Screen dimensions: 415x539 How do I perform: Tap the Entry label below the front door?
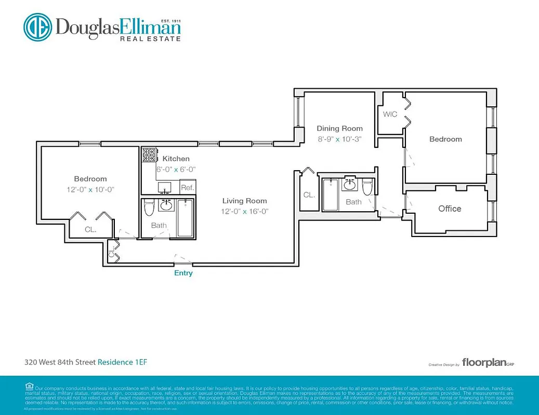coord(183,273)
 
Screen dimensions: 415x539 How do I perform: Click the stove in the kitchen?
coord(149,155)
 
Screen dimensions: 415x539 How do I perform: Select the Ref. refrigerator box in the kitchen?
coord(187,188)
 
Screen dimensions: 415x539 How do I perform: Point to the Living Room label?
coord(244,201)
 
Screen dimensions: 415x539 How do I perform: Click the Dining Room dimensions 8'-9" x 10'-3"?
coord(339,139)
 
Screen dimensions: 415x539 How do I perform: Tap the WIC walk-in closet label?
coord(390,114)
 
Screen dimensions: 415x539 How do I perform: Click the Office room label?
coord(450,209)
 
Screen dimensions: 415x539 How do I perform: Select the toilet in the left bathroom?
coord(149,208)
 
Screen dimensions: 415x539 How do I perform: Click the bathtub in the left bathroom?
coord(185,218)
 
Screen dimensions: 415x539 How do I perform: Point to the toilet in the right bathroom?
coord(367,187)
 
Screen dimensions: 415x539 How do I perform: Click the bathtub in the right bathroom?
coord(331,195)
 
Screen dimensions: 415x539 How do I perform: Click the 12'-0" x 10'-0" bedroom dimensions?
coord(90,190)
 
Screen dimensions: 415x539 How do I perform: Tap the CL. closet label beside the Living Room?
coord(309,195)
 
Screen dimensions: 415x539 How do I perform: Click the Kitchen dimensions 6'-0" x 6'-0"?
coord(176,170)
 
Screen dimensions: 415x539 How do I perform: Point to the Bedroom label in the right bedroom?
coord(445,139)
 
